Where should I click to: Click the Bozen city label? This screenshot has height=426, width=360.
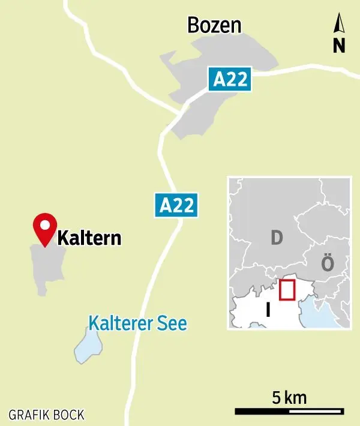click(x=214, y=25)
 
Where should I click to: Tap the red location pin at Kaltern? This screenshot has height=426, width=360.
click(x=44, y=228)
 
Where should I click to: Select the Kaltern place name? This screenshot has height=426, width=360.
click(x=89, y=239)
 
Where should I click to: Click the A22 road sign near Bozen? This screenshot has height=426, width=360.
click(x=231, y=79)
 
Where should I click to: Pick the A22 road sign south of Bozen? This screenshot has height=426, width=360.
click(x=178, y=205)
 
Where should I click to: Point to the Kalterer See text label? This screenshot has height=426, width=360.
click(x=138, y=323)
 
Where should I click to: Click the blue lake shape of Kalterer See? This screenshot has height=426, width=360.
click(x=88, y=348)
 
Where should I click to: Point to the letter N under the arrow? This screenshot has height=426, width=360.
click(x=339, y=46)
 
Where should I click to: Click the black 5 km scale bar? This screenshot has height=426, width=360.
click(x=289, y=412)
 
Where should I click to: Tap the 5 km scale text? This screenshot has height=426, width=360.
click(x=289, y=397)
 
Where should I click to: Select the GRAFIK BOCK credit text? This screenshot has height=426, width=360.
click(x=46, y=415)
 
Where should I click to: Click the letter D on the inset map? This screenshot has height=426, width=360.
click(x=276, y=238)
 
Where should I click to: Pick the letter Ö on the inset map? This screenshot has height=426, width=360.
click(x=327, y=263)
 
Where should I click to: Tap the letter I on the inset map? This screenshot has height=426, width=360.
click(x=268, y=310)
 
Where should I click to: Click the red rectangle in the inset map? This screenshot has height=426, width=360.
click(x=287, y=289)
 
